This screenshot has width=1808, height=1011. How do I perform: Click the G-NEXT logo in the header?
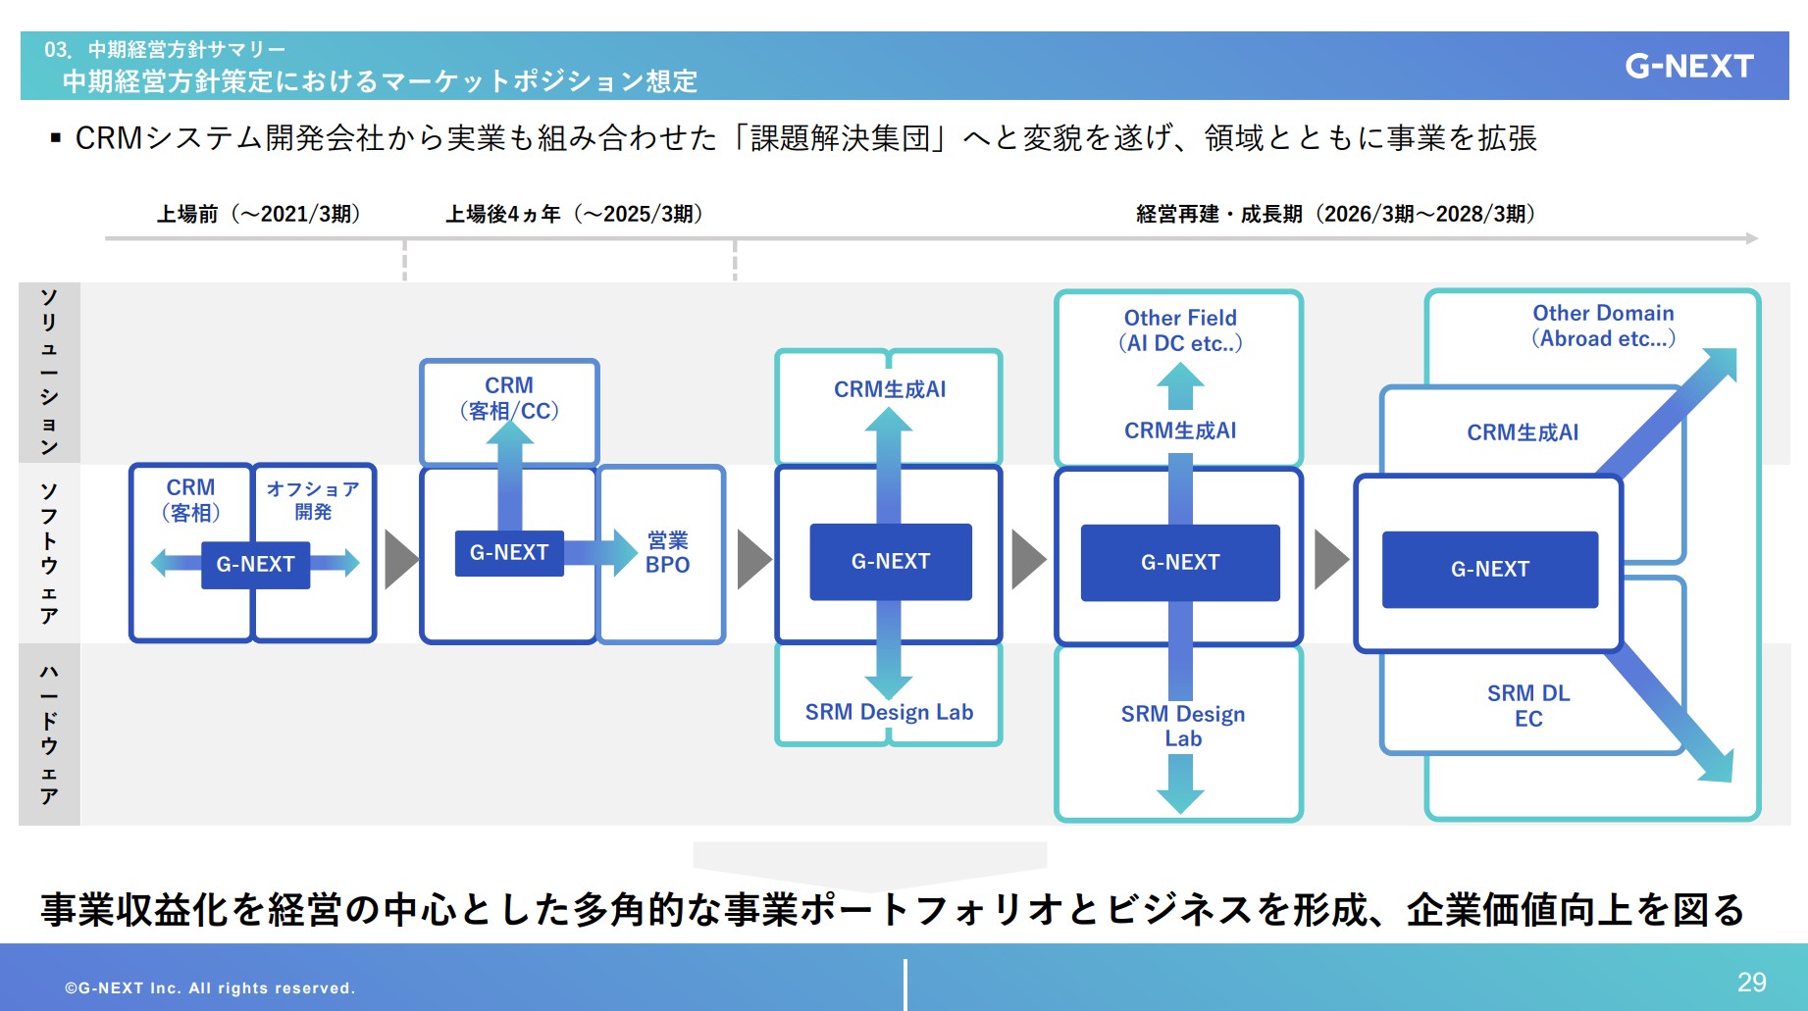click(1688, 66)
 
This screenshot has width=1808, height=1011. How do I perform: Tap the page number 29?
click(1751, 982)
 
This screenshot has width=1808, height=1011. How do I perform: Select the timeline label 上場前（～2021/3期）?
click(259, 214)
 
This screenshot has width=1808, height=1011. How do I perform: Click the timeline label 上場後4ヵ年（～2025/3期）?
click(574, 214)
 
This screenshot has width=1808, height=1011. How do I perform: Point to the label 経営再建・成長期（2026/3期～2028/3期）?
click(1335, 214)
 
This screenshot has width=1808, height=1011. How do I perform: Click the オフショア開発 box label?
click(313, 500)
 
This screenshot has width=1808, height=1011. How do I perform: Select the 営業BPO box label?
click(667, 552)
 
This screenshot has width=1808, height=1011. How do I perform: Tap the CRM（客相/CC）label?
click(509, 398)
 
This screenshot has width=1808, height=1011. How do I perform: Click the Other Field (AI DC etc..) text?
click(1180, 330)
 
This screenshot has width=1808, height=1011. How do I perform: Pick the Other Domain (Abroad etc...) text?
click(1603, 326)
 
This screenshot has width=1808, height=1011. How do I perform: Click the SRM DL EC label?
click(1528, 706)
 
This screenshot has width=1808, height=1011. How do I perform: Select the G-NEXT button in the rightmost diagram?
click(1489, 569)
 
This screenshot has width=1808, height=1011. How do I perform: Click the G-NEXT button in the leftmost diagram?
click(255, 564)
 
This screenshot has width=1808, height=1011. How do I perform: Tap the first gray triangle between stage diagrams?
click(399, 560)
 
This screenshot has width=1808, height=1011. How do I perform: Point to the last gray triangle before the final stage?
click(1329, 560)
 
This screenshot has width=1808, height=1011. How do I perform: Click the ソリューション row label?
click(49, 373)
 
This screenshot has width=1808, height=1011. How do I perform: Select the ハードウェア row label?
click(49, 733)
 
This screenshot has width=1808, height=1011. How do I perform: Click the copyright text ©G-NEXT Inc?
click(210, 987)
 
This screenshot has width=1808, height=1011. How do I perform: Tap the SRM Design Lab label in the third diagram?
click(889, 712)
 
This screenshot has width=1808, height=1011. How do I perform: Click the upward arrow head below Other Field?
click(1180, 378)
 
